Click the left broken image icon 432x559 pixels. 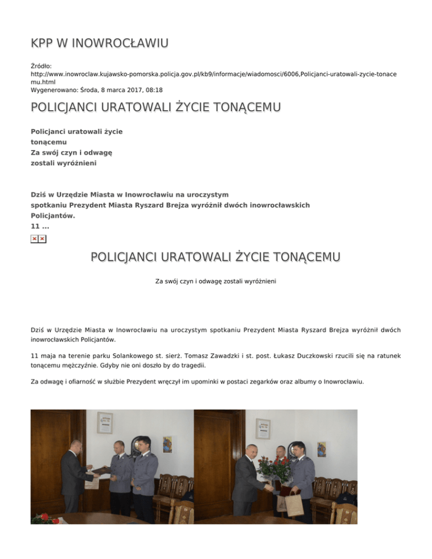click(x=35, y=239)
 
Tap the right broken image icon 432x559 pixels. click(x=43, y=239)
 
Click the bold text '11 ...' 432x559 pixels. click(x=39, y=226)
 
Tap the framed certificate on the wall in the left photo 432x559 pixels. click(x=104, y=426)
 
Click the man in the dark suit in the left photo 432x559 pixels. click(x=72, y=475)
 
